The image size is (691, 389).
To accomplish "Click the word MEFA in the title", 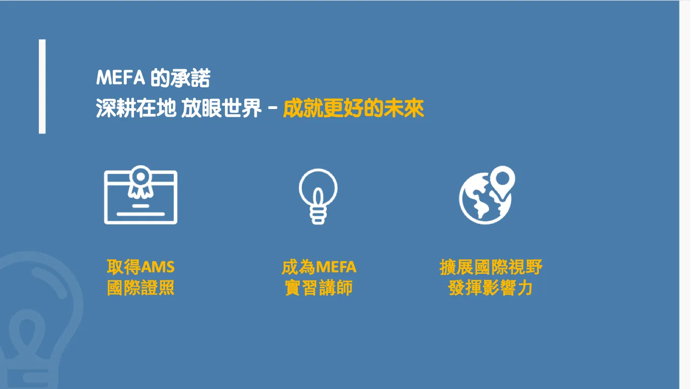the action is pos(120,77).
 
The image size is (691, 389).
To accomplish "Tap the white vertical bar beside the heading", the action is pos(42,86).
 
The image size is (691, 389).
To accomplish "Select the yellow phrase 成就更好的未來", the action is pos(354,109).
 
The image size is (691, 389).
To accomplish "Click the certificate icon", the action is pos(141,195).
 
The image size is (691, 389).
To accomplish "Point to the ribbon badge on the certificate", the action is pos(141,182).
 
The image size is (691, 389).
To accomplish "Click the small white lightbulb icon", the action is pos(318,196).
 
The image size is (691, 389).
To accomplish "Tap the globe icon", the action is pos(485,198).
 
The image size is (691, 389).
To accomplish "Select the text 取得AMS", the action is pos(141,267).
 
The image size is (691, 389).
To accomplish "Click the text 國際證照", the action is pos(141,288).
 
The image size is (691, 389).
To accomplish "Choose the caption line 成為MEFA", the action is pos(319,267).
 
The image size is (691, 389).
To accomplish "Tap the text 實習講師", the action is pos(319,288).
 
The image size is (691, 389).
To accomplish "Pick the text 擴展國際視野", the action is pos(491,267).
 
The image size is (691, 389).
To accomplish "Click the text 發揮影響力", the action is pos(490,288).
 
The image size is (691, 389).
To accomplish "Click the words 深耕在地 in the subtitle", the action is pos(136,109).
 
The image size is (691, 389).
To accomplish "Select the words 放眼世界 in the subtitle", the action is pos(221,109).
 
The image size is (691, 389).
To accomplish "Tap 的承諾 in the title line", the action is pos(180,77).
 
